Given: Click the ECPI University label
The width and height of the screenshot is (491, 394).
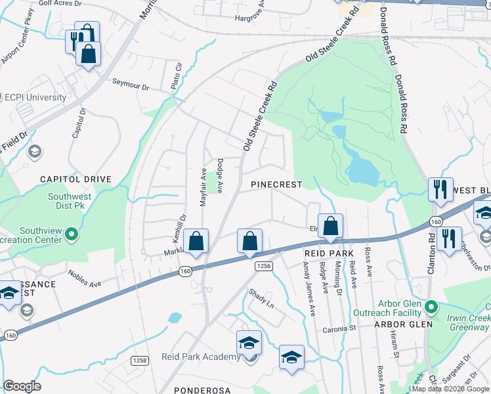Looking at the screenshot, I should [x=35, y=97].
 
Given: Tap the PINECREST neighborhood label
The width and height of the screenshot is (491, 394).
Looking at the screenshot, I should [x=277, y=185].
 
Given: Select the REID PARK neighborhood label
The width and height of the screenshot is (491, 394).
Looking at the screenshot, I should [x=330, y=253].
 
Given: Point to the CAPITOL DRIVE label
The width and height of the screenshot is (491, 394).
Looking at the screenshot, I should [x=75, y=179].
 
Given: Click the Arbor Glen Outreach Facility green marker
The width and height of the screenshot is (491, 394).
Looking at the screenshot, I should [x=431, y=307].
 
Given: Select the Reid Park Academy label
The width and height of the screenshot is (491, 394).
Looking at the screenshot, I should [x=201, y=357].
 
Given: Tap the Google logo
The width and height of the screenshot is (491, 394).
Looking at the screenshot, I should [x=22, y=386].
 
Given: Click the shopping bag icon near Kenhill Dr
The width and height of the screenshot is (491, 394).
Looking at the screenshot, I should [x=196, y=242].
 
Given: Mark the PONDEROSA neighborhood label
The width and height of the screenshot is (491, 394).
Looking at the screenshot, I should [x=202, y=390].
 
